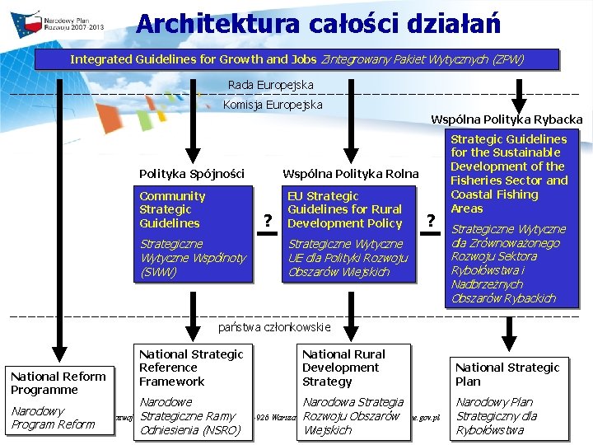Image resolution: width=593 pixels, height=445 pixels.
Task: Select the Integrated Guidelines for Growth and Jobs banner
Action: pos(296,59)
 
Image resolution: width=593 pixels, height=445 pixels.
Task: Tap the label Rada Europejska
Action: pos(270,85)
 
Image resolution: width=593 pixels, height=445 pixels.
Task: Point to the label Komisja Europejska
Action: pos(273,105)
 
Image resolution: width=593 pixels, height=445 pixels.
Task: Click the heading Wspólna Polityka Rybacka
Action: pos(507,119)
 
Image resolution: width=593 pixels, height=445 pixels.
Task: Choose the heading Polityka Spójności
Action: pos(192,174)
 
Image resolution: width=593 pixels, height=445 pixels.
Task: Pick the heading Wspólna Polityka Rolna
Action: pos(351,174)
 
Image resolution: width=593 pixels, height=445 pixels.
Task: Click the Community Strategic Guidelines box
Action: pos(195,233)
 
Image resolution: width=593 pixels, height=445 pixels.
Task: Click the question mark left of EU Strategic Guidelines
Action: pos(267,220)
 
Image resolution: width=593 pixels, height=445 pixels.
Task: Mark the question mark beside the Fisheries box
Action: pos(430,220)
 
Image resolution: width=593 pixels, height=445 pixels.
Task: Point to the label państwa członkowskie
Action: pos(274,327)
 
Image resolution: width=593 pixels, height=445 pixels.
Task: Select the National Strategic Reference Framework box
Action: pos(192,391)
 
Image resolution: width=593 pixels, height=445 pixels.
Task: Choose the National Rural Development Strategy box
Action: pos(353,391)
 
